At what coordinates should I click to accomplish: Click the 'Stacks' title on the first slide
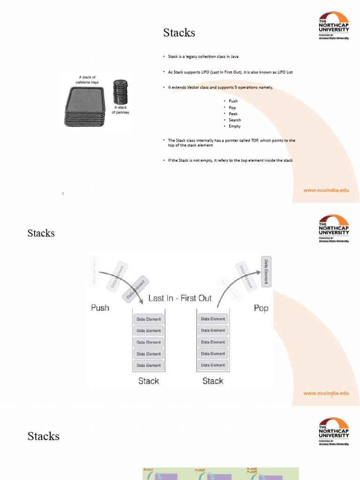tap(179, 33)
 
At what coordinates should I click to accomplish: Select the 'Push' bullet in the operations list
tap(233, 101)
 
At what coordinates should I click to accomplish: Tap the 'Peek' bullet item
tap(233, 114)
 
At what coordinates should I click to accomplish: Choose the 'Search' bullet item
tap(235, 120)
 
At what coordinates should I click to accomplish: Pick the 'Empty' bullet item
tap(234, 126)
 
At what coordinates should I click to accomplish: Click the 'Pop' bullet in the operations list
tap(232, 107)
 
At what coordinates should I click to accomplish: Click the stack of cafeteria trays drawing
tap(85, 107)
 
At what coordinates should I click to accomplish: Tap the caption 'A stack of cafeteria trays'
tap(87, 80)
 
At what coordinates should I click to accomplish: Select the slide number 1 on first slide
tap(63, 193)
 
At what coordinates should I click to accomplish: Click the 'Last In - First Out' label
tap(180, 298)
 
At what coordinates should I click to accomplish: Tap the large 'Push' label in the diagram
tap(100, 308)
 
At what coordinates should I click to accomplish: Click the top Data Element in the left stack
tap(149, 319)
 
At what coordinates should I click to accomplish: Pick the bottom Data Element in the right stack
tap(213, 365)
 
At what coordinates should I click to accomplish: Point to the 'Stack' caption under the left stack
tap(149, 381)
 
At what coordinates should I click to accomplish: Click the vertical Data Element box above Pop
tap(266, 271)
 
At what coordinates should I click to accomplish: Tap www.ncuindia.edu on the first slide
tap(326, 191)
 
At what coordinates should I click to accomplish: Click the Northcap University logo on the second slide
tap(334, 229)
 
